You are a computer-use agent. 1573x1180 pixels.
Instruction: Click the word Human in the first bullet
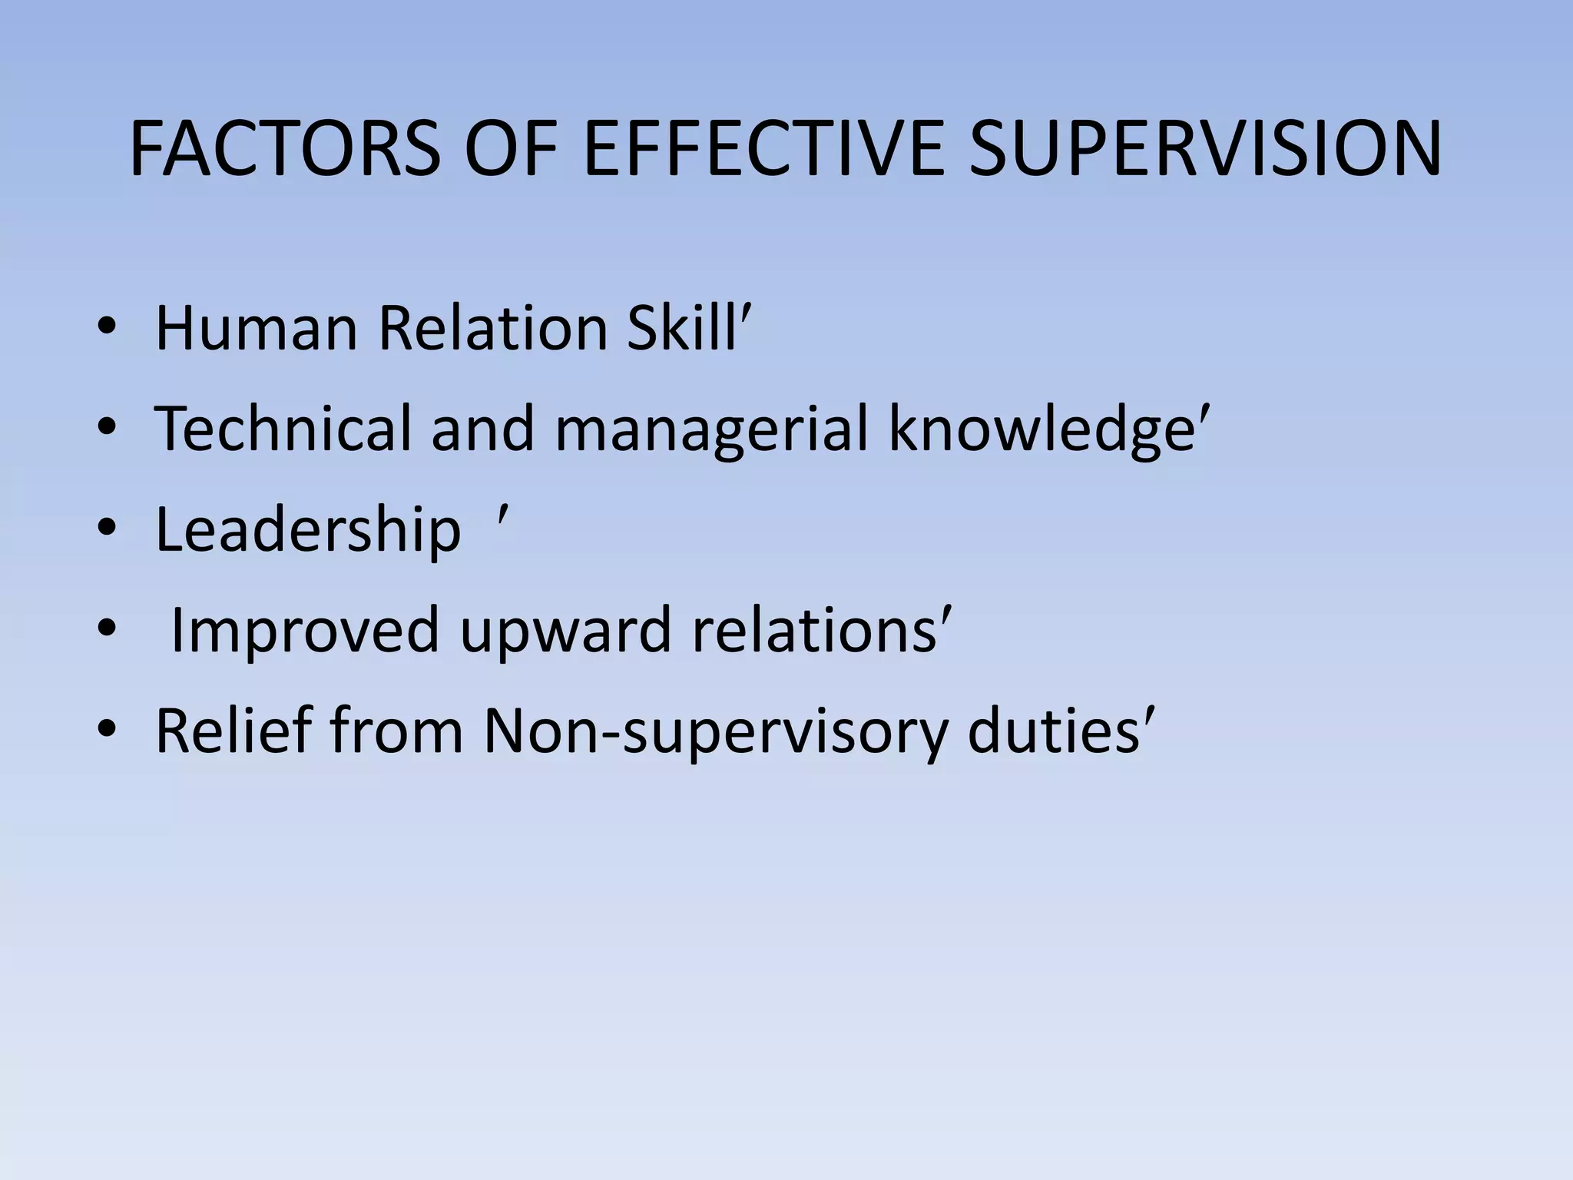pos(257,329)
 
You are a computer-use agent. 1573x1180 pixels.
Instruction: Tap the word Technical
pos(283,429)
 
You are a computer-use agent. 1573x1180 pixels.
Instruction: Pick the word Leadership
pos(308,530)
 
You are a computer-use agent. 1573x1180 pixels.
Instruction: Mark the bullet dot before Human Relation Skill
pos(107,328)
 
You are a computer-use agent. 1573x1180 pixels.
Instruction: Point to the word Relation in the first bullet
pos(493,329)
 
